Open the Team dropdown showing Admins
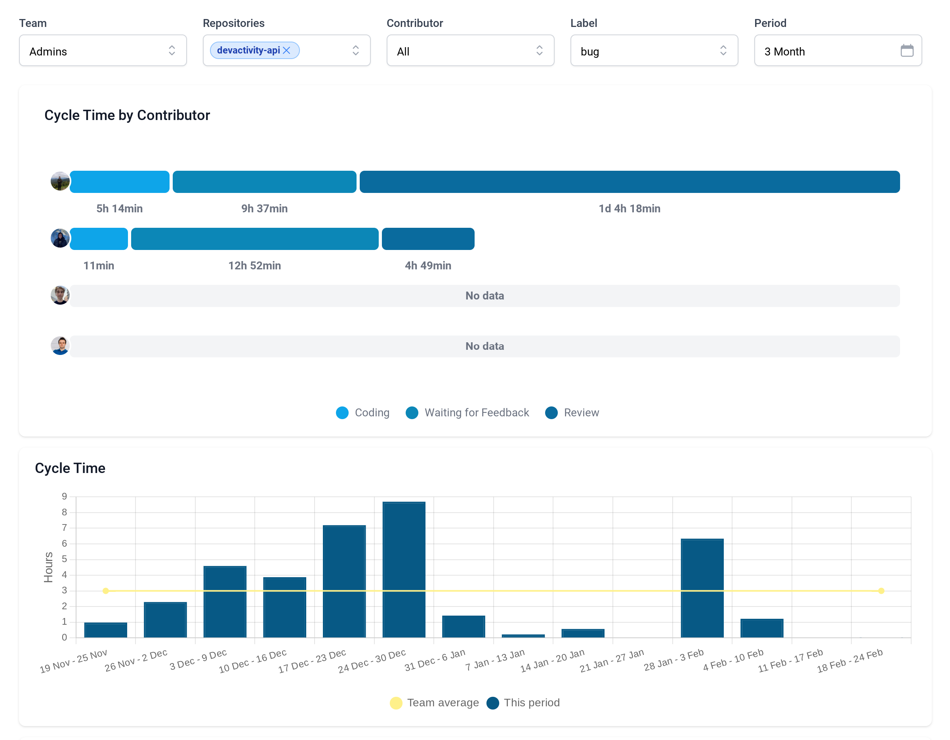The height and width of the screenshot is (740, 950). click(103, 51)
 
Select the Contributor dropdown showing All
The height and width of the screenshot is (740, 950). click(470, 51)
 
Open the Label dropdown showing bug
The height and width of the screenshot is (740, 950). click(654, 51)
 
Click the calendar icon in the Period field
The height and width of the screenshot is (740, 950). click(906, 51)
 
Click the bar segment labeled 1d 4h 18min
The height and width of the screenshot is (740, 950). click(629, 182)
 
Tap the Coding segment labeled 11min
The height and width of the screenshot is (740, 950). click(99, 239)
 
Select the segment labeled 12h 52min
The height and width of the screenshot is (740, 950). click(254, 239)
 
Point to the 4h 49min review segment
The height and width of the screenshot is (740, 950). click(427, 239)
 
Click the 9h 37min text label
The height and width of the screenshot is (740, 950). click(265, 208)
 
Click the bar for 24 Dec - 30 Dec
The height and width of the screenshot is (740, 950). click(404, 570)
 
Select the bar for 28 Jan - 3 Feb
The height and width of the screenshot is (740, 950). click(702, 588)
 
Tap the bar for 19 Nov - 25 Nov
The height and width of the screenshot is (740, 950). click(106, 629)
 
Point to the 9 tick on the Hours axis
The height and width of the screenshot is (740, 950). click(65, 496)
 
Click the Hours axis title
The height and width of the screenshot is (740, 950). click(48, 567)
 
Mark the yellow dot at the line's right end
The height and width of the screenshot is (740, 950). click(881, 591)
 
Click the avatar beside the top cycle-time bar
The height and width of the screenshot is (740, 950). click(60, 181)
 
